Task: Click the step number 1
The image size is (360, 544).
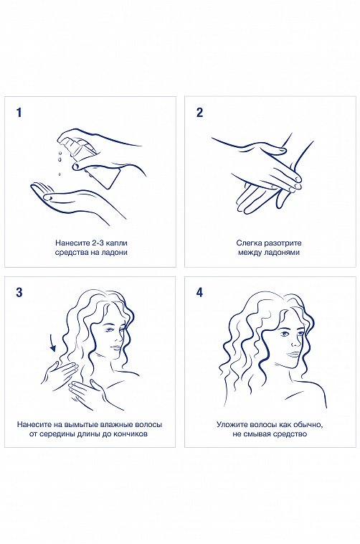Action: [19, 112]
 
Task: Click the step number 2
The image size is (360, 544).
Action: [199, 112]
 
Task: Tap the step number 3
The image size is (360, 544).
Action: [19, 292]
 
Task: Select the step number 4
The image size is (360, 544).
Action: [199, 292]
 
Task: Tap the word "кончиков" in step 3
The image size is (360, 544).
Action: [131, 434]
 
